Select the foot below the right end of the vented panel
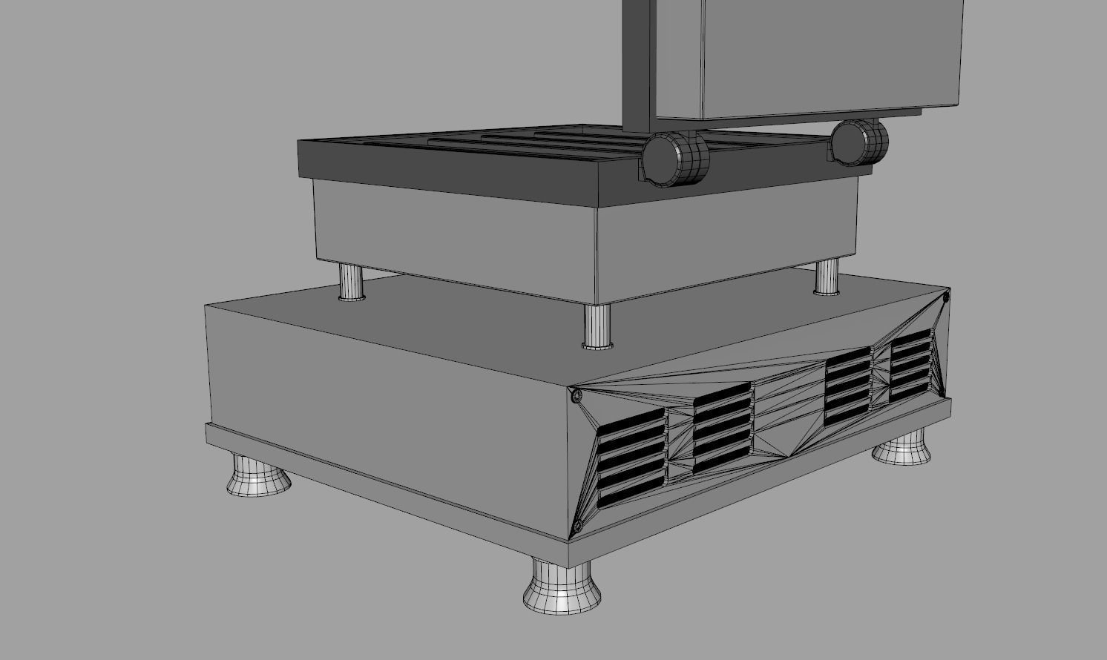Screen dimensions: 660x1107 click(903, 449)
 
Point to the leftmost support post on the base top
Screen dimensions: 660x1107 click(352, 282)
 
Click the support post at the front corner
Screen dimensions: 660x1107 click(597, 326)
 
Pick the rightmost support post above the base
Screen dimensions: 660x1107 click(827, 277)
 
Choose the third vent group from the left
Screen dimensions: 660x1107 click(847, 386)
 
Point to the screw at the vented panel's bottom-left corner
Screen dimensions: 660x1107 click(578, 527)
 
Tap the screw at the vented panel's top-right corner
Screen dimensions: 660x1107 click(946, 297)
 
